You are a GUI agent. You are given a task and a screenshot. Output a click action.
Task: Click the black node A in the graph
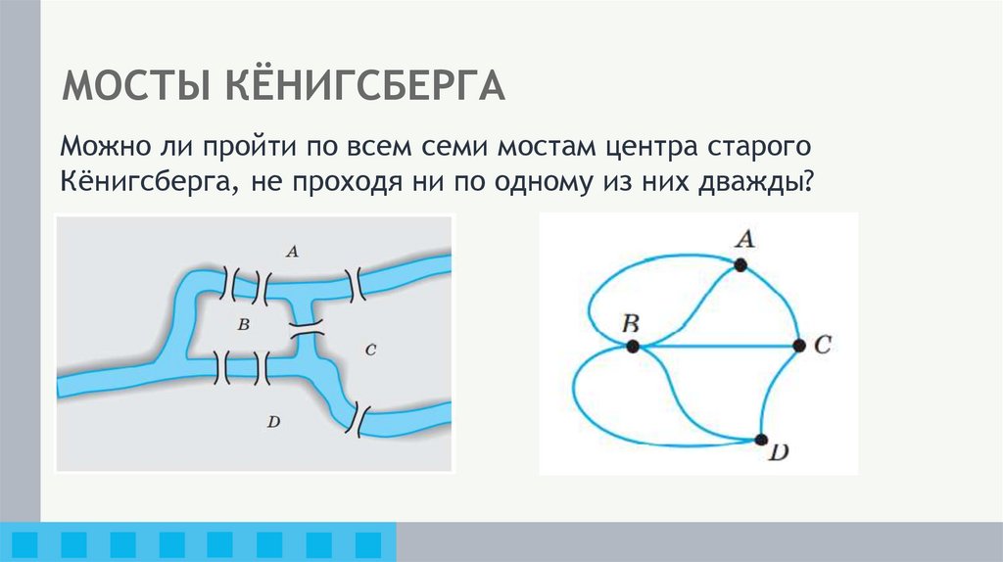[740, 264]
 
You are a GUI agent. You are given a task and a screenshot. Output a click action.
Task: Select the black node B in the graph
[633, 346]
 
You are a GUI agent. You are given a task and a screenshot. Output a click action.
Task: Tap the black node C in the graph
[798, 346]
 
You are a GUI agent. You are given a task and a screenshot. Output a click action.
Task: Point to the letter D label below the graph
[781, 454]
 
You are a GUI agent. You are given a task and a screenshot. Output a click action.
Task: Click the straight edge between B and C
[715, 346]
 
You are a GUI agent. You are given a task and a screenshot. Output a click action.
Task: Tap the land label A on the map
[291, 252]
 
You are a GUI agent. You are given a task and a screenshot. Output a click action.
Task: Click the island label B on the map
[245, 323]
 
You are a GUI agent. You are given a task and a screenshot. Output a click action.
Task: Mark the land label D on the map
[273, 422]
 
